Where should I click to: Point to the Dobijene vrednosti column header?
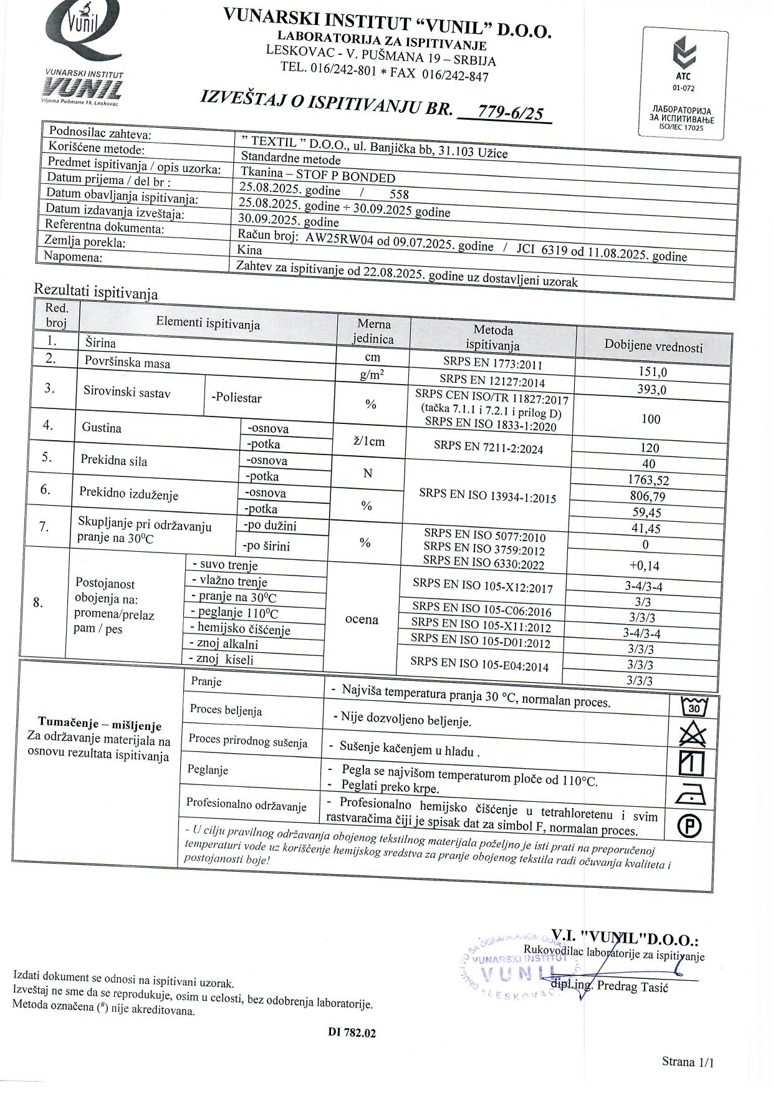653,347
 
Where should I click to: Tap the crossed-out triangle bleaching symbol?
692,735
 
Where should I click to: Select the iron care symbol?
690,794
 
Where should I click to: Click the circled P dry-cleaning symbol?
689,827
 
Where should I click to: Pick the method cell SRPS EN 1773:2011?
492,363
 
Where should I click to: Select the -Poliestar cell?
237,398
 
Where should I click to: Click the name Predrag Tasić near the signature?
632,986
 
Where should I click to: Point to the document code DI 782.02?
352,1033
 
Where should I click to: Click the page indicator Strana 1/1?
688,1062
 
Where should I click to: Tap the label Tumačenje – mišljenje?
100,725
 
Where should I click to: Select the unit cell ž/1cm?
369,442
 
